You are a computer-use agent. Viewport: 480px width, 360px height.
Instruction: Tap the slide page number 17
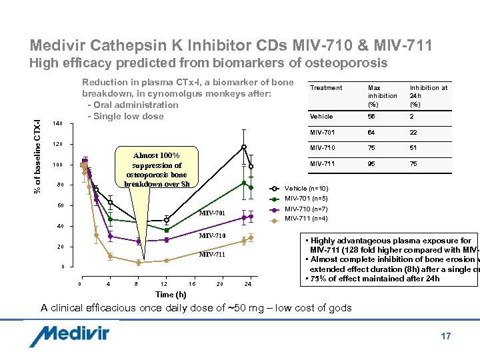pyautogui.click(x=445, y=336)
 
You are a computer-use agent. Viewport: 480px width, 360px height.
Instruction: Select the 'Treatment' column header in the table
pyautogui.click(x=327, y=88)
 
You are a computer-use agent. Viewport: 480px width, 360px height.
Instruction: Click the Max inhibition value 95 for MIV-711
pyautogui.click(x=373, y=163)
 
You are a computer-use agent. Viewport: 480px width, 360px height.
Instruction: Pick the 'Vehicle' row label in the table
pyautogui.click(x=321, y=117)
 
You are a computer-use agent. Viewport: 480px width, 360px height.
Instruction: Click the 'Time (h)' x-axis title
pyautogui.click(x=171, y=295)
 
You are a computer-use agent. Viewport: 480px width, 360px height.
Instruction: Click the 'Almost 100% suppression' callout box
pyautogui.click(x=157, y=166)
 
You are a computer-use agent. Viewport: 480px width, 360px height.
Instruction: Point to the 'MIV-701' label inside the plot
pyautogui.click(x=213, y=213)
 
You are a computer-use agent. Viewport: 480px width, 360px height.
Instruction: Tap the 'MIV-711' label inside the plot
pyautogui.click(x=213, y=255)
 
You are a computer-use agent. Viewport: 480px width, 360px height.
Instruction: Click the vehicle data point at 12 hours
pyautogui.click(x=167, y=220)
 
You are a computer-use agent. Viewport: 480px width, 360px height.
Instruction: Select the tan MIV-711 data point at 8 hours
pyautogui.click(x=138, y=263)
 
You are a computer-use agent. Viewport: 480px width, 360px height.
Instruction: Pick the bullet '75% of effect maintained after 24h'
pyautogui.click(x=373, y=279)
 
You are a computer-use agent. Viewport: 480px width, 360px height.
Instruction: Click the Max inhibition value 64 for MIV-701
pyautogui.click(x=373, y=132)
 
